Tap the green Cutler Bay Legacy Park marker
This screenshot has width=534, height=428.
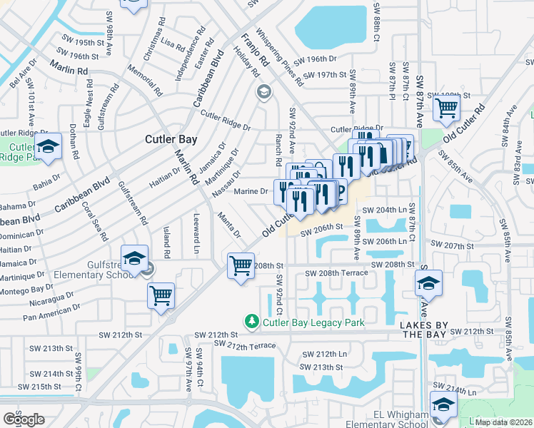click(x=251, y=322)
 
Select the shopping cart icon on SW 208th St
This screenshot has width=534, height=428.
click(x=241, y=266)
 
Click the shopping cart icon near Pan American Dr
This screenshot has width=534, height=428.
click(x=161, y=295)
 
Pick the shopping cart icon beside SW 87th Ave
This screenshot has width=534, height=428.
click(x=446, y=108)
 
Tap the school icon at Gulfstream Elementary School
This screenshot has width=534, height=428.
click(x=134, y=258)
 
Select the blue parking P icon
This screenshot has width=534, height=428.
click(x=339, y=191)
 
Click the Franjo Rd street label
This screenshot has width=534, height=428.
click(x=254, y=49)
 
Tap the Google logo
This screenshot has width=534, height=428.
click(x=24, y=419)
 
